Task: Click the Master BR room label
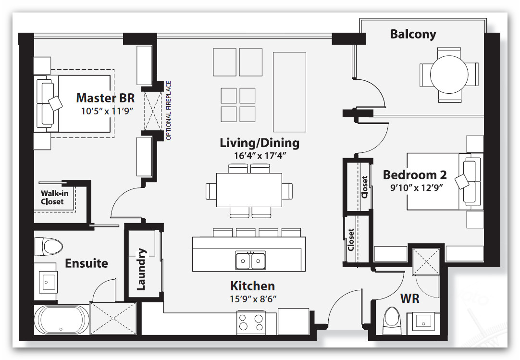[x=105, y=98]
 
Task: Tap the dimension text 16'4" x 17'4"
[x=259, y=156]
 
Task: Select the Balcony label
[x=413, y=34]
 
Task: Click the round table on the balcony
[x=449, y=74]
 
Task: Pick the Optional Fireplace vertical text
[x=168, y=111]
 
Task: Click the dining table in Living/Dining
[x=249, y=190]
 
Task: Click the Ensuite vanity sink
[x=48, y=281]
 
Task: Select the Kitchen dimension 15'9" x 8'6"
[x=253, y=298]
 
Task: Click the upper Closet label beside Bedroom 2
[x=364, y=187]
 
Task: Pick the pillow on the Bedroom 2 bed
[x=462, y=180]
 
